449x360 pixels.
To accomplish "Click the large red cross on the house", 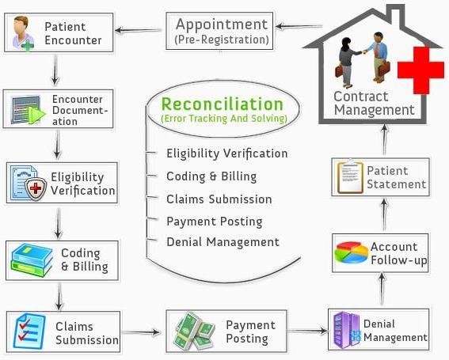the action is point(420,70).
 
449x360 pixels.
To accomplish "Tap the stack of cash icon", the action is point(195,332).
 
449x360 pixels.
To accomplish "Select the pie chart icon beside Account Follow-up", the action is point(352,252).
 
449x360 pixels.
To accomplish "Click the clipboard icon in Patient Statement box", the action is point(350,177).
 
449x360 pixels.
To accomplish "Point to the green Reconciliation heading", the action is point(223,104).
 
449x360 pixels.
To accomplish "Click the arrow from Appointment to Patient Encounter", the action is point(138,30).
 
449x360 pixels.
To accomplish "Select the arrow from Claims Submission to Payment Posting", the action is point(141,332).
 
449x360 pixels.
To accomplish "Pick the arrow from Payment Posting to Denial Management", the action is point(307,331).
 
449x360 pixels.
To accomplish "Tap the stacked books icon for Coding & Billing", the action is point(32,260).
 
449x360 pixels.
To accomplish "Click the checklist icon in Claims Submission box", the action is point(29,332).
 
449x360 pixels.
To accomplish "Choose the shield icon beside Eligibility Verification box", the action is point(36,188).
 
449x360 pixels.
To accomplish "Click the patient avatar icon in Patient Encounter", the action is point(23,33).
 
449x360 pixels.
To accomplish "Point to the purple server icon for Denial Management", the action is point(347,330).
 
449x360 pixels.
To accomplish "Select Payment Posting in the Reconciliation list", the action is point(215,222).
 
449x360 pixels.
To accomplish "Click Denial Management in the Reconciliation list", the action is point(223,242).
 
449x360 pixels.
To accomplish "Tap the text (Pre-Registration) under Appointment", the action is point(222,40).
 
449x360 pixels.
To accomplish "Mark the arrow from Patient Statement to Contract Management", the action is point(385,140).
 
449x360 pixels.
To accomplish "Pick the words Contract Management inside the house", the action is point(375,104).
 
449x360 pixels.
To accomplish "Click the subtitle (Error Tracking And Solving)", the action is point(224,118).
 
